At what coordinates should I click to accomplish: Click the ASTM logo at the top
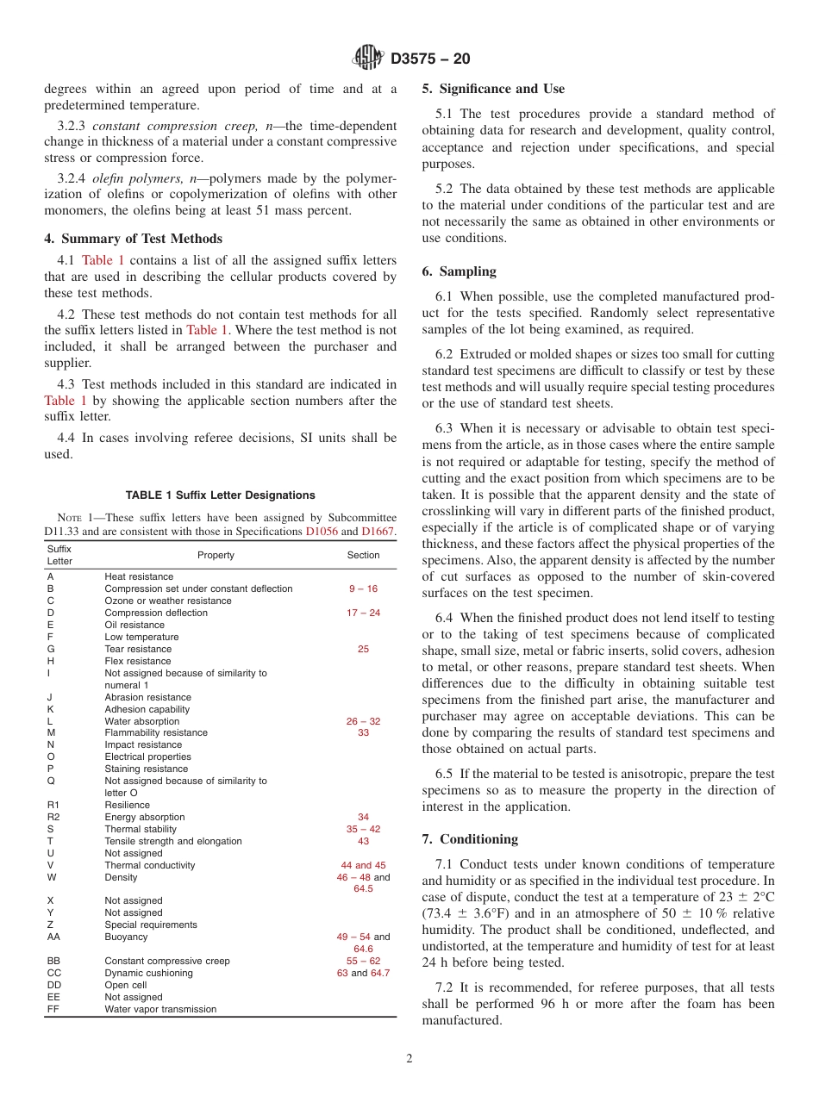click(x=368, y=59)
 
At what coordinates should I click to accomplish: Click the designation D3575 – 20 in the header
click(x=430, y=59)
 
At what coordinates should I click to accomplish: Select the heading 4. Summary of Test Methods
click(x=134, y=239)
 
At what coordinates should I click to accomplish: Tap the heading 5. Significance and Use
click(x=493, y=89)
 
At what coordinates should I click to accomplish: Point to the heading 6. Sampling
click(x=459, y=271)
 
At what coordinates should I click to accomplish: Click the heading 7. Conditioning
click(x=470, y=839)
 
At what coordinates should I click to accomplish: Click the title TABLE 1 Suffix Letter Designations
click(x=220, y=495)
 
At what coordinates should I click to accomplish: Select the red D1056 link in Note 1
click(x=322, y=532)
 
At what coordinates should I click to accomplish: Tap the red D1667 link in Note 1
click(x=378, y=532)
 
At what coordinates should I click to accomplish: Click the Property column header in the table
click(x=216, y=556)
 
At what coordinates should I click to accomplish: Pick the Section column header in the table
click(x=363, y=556)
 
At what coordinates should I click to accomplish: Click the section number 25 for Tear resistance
click(x=363, y=649)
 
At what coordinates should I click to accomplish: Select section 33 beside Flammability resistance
click(x=363, y=732)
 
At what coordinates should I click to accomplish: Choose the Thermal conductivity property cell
click(x=150, y=865)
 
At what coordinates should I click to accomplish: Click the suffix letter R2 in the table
click(x=53, y=817)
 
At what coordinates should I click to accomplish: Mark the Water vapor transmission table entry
click(x=160, y=1009)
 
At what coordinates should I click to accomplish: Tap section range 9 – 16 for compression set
click(x=363, y=588)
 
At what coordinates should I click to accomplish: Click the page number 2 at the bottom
click(x=409, y=1059)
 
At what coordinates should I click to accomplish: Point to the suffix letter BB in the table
click(x=53, y=961)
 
